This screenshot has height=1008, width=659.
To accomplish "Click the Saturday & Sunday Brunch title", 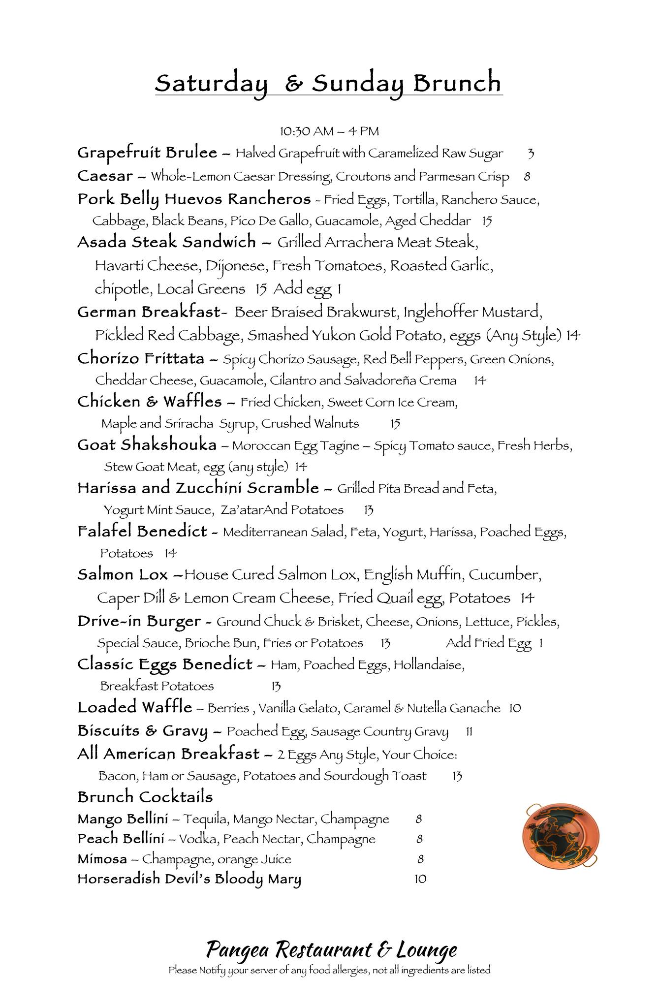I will coord(328,84).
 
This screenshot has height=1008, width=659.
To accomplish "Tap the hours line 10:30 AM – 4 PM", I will coord(329,131).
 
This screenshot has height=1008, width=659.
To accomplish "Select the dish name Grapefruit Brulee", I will coord(147,153).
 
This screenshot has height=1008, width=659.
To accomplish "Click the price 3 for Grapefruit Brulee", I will coord(530,154).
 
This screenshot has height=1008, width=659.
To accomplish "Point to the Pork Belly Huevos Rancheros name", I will coord(194,199).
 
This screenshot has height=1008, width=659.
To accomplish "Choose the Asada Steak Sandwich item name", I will coord(166,242).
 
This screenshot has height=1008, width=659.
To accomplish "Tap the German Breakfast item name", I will coord(148,312).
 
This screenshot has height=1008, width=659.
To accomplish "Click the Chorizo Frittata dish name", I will coord(141,359).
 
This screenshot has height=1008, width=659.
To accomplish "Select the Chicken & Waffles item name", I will coord(150,402).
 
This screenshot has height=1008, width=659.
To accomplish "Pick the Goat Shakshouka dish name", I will coord(147,445).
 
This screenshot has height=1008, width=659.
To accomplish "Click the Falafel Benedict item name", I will coord(142,532).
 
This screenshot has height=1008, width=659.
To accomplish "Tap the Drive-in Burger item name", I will coord(139,622).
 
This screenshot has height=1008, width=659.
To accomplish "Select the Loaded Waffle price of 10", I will coord(515,708).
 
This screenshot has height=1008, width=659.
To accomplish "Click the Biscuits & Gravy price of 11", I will coord(469,732).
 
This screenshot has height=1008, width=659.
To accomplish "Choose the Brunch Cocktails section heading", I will coord(145,797).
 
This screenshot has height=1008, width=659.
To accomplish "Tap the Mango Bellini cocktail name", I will coord(123,819).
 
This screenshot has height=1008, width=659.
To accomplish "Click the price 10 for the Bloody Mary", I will coord(420,879).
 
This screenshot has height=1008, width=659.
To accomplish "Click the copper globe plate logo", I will coord(561,835).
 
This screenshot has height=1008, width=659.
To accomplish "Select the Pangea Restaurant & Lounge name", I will coord(331,949).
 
